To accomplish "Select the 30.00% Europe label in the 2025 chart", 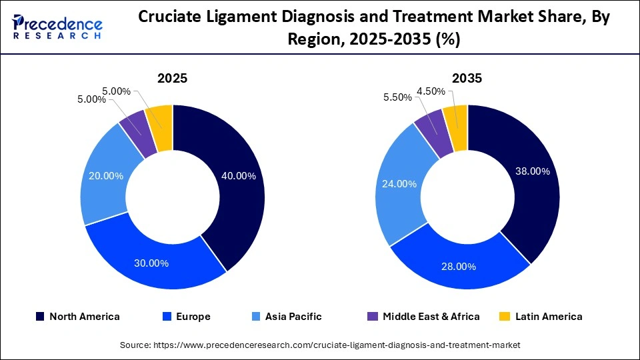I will pyautogui.click(x=152, y=263).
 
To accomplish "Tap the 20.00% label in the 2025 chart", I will pyautogui.click(x=107, y=175).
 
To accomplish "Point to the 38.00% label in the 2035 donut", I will pyautogui.click(x=533, y=171).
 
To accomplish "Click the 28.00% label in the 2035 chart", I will pyautogui.click(x=459, y=266).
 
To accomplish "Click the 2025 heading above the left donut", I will pyautogui.click(x=172, y=78).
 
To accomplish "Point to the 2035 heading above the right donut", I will pyautogui.click(x=467, y=78).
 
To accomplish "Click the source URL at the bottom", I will pyautogui.click(x=320, y=345).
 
